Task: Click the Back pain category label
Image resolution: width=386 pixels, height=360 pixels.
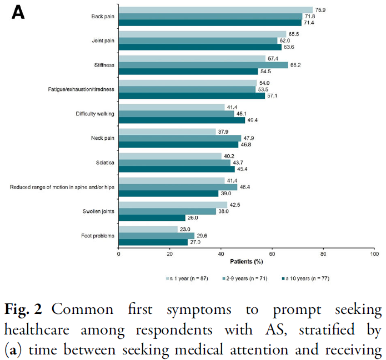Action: [x=103, y=16]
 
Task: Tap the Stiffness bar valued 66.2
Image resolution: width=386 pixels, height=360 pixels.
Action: [x=203, y=65]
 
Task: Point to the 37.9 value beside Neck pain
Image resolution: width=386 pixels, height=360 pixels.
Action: [x=223, y=131]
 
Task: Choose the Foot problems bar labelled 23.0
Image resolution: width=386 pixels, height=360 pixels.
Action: [x=148, y=229]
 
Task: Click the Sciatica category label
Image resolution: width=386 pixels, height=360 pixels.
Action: [x=106, y=163]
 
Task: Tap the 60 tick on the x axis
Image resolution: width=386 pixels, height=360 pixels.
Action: [x=272, y=253]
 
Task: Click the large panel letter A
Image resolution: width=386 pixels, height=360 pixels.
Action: [x=18, y=12]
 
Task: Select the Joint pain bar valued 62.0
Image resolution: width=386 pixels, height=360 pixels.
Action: [x=198, y=40]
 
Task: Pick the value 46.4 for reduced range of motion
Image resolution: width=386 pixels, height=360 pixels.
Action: [x=245, y=187]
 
